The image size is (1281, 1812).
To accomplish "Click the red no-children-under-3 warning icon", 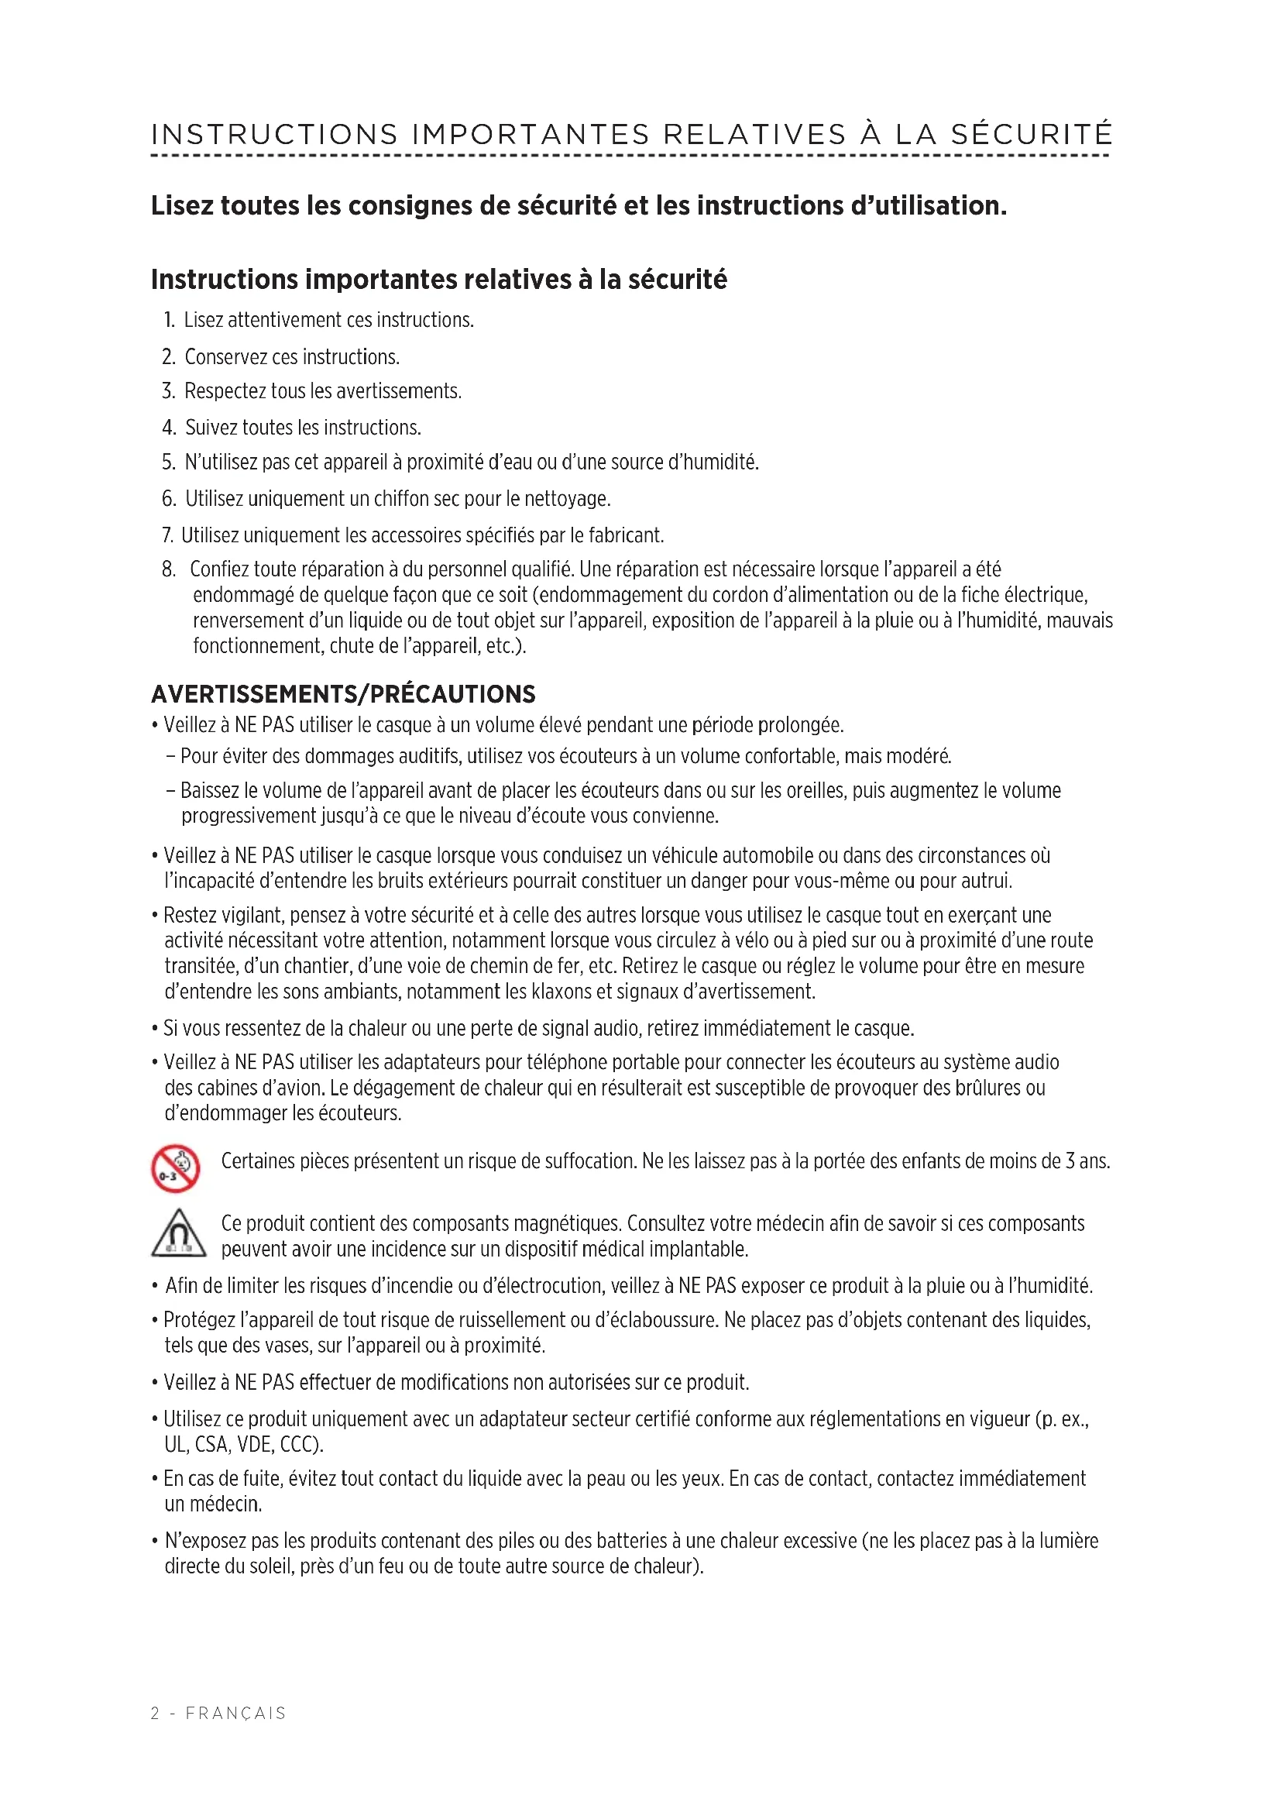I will click(x=175, y=1168).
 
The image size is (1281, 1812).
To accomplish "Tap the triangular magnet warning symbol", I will click(x=178, y=1233).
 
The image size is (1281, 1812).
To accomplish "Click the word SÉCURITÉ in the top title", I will click(x=1031, y=134).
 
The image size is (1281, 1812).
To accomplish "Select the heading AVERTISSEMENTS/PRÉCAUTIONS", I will click(x=343, y=694).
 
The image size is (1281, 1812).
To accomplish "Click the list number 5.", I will click(x=168, y=462).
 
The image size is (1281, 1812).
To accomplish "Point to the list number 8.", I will click(x=169, y=570).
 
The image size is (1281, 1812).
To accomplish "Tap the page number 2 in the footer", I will click(x=156, y=1714).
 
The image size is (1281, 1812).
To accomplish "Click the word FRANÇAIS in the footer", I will click(x=236, y=1714).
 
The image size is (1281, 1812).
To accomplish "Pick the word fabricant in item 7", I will click(x=627, y=536).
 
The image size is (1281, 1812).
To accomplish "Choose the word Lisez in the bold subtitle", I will click(x=182, y=206).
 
